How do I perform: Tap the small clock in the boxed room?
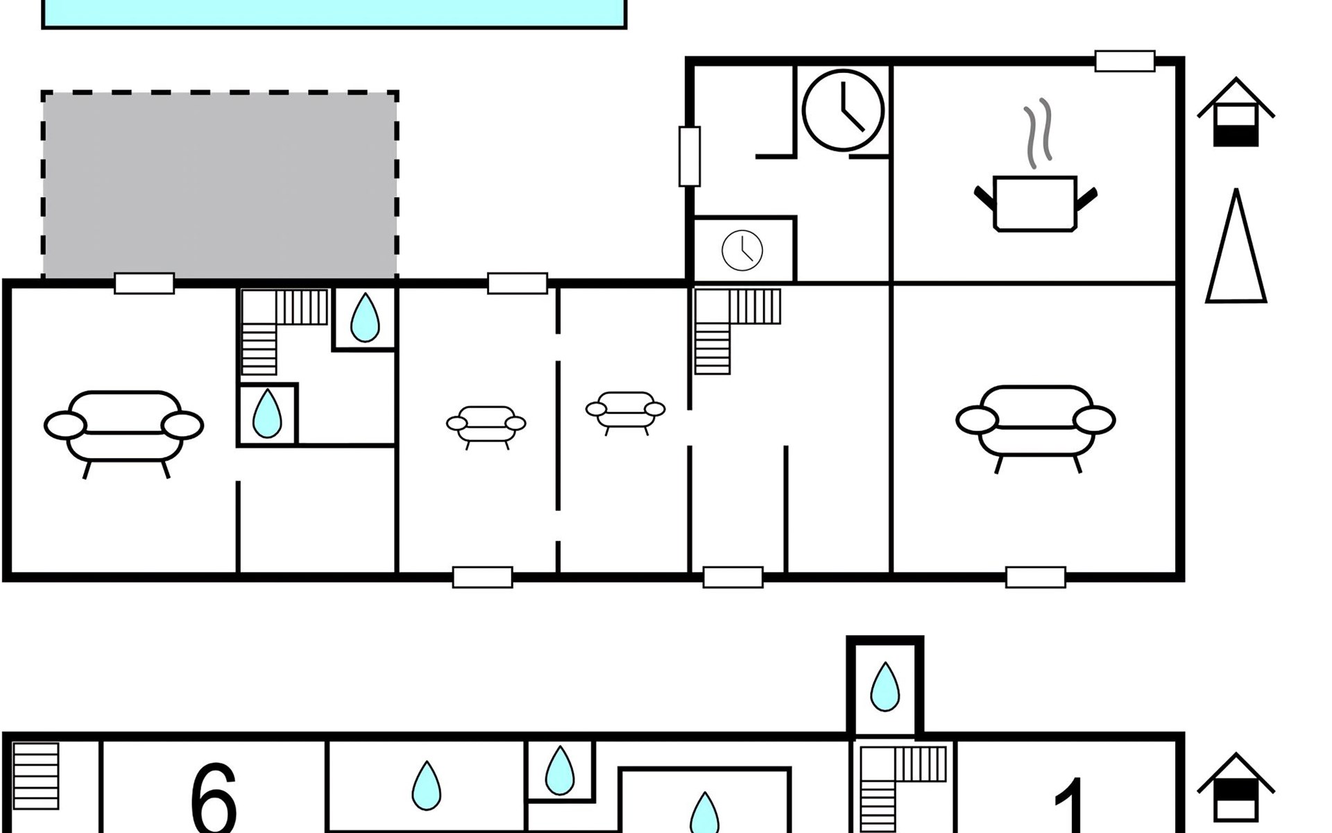click(x=742, y=250)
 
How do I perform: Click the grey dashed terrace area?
click(x=220, y=185)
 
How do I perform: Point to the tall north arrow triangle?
click(x=1236, y=246)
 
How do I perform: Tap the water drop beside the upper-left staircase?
click(x=365, y=317)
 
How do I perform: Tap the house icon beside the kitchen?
click(x=1236, y=112)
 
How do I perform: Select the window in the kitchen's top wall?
click(x=1125, y=61)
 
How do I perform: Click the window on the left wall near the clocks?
click(x=690, y=156)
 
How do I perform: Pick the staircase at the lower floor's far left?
click(x=36, y=776)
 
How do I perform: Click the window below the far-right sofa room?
click(x=1036, y=578)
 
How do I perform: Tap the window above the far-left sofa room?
click(x=144, y=283)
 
